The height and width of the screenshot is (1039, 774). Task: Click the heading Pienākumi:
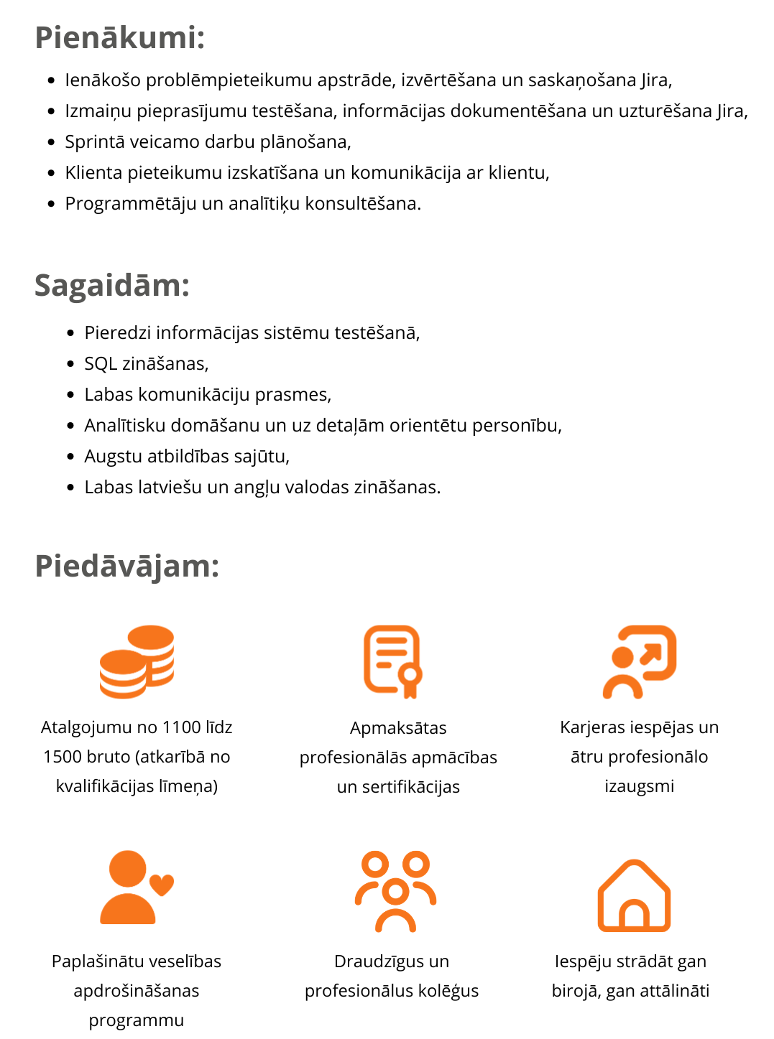(x=120, y=37)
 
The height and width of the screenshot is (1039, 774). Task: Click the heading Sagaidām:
(x=112, y=285)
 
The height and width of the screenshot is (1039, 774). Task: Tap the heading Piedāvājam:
(x=126, y=566)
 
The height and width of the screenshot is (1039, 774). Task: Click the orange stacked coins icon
(x=137, y=661)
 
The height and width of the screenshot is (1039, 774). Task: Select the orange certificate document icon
(x=392, y=661)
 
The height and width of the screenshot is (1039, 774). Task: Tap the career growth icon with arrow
(x=639, y=661)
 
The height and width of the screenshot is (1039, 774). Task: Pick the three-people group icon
(x=395, y=890)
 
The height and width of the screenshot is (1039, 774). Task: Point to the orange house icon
(x=634, y=895)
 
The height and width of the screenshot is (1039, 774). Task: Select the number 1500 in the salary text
(x=62, y=757)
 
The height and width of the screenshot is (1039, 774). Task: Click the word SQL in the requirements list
(x=101, y=364)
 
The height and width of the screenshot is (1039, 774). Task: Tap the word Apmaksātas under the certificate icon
(x=398, y=728)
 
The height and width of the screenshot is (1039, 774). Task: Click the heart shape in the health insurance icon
(x=162, y=884)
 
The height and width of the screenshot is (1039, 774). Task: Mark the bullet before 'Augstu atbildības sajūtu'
(x=70, y=457)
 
